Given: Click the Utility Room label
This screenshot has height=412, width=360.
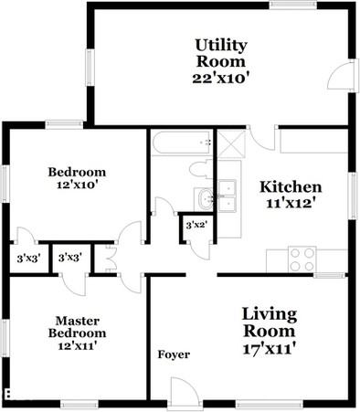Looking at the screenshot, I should pyautogui.click(x=220, y=53).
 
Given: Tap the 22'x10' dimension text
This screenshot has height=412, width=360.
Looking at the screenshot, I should pyautogui.click(x=220, y=79).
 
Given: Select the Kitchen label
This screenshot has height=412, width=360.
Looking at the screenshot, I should pyautogui.click(x=286, y=186).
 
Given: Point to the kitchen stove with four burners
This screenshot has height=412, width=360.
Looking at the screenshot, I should pyautogui.click(x=302, y=259).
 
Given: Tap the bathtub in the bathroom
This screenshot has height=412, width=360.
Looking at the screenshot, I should pyautogui.click(x=181, y=143).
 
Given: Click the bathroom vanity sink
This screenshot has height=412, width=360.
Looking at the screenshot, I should pyautogui.click(x=203, y=197).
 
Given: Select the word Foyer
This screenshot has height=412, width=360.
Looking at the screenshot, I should pyautogui.click(x=174, y=354).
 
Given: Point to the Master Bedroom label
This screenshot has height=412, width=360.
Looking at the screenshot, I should pyautogui.click(x=77, y=327).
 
